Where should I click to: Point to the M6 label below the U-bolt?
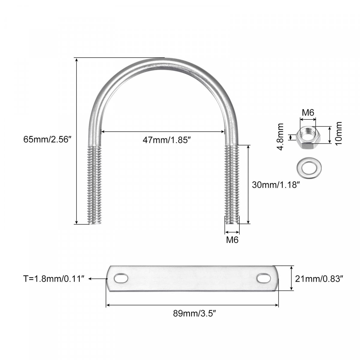tap(232, 240)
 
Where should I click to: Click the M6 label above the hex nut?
tap(308, 113)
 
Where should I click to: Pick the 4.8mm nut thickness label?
tap(280, 137)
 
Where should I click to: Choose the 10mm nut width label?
tap(338, 133)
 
